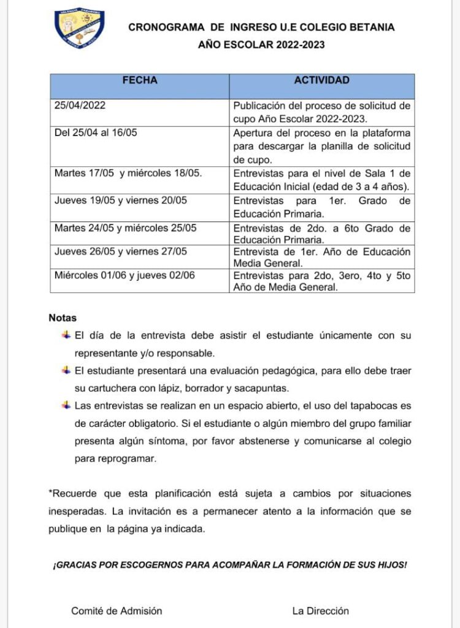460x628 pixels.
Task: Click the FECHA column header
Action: click(x=140, y=80)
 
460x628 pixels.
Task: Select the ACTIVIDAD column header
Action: click(x=321, y=80)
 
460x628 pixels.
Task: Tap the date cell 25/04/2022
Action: click(x=80, y=105)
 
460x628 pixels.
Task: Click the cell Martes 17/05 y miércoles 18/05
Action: click(x=128, y=173)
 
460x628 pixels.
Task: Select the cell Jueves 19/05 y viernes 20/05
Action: click(x=120, y=201)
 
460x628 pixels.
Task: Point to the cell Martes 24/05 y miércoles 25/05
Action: click(x=125, y=228)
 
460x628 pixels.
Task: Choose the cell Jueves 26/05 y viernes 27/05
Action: click(x=120, y=251)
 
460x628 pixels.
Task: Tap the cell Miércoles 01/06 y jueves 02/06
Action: click(x=125, y=275)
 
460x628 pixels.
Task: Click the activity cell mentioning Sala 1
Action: click(x=321, y=180)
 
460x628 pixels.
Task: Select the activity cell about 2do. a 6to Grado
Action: click(x=321, y=234)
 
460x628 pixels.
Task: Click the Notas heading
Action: click(x=63, y=318)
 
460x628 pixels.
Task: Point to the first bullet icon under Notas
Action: click(x=66, y=335)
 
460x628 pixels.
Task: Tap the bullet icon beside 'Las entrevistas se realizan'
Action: click(x=66, y=405)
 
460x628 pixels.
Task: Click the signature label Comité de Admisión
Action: click(x=117, y=610)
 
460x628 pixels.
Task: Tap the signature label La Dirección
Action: click(x=320, y=610)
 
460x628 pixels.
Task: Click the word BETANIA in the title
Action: click(x=372, y=27)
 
